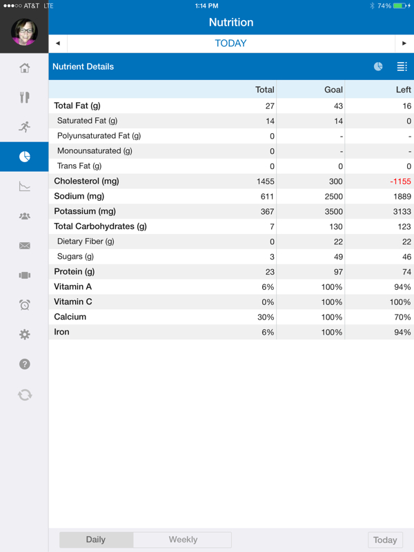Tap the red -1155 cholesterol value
click(x=400, y=181)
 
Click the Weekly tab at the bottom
click(x=183, y=540)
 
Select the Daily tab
click(x=96, y=540)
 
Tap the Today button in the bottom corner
click(x=385, y=540)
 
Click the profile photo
click(x=24, y=32)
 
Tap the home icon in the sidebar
click(x=25, y=68)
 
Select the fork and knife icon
click(x=25, y=97)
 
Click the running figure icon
click(x=25, y=127)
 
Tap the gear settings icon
click(x=25, y=334)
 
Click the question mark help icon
click(x=25, y=364)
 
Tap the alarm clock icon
click(x=25, y=304)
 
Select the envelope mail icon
click(x=25, y=246)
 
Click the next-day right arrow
click(x=404, y=43)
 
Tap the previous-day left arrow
click(x=58, y=43)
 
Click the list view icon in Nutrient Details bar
click(x=402, y=66)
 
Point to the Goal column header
click(x=333, y=90)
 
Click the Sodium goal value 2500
click(x=333, y=197)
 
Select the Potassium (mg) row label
click(x=85, y=211)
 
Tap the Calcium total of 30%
click(x=266, y=317)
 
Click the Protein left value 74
click(x=406, y=272)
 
